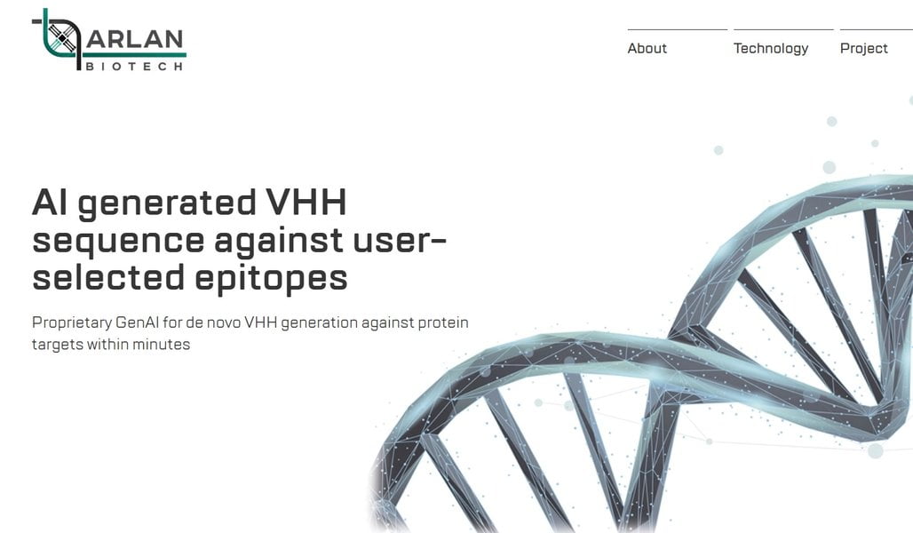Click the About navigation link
(647, 48)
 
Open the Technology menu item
(771, 49)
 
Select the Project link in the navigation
(863, 49)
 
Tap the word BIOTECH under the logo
(134, 67)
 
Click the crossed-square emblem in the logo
(61, 36)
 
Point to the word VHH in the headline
(306, 203)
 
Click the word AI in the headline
(50, 203)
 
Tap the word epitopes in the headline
(271, 278)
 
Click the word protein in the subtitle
(443, 323)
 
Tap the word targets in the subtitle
(58, 345)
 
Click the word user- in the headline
(400, 241)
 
